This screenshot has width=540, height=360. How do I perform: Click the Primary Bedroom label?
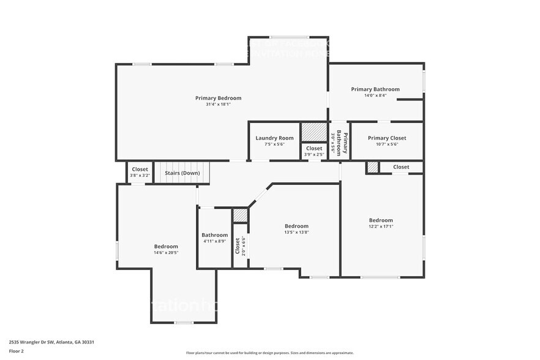(218, 98)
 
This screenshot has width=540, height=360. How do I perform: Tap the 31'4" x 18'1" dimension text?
(218, 105)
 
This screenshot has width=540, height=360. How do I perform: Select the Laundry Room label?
(274, 138)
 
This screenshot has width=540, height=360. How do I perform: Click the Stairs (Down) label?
(182, 173)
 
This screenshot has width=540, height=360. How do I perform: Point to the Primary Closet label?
(387, 138)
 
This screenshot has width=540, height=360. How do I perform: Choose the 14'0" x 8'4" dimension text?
(375, 96)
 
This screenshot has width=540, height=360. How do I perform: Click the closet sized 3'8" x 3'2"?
(140, 172)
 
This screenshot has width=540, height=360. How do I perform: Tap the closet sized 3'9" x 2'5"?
(314, 151)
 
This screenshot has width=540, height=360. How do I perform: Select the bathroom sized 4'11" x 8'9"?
(215, 238)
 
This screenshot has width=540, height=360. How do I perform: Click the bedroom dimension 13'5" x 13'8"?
(296, 232)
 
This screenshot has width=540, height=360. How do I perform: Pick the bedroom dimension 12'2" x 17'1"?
(381, 227)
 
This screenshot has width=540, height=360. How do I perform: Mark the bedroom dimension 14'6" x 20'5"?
(166, 252)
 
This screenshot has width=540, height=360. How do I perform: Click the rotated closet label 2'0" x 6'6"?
(241, 246)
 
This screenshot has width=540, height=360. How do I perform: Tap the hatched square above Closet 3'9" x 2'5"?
(314, 132)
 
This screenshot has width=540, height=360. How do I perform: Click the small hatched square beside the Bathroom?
(240, 215)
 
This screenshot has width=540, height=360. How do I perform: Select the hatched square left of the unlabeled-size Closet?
(372, 167)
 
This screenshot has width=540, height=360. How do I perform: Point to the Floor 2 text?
(17, 351)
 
